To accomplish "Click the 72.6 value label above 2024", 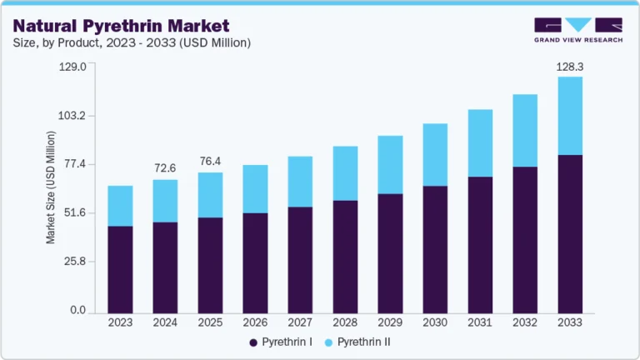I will (165, 167).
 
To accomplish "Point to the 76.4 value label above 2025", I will (210, 160).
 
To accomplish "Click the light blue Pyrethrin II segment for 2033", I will (570, 116).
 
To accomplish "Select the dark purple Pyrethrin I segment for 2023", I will (120, 269).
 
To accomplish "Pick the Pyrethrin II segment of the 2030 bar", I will (435, 155).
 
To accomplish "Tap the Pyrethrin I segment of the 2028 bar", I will (345, 257).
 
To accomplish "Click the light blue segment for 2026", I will (255, 189).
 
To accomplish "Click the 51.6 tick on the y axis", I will (74, 213).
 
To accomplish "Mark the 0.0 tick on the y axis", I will (77, 311).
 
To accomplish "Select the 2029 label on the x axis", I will (390, 322).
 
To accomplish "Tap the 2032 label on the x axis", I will (525, 322).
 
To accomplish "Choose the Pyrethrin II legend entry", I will (359, 342).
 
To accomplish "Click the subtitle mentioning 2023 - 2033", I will (132, 42).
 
